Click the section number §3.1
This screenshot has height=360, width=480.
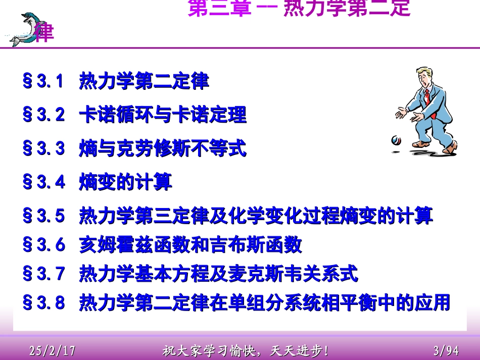(x=44, y=81)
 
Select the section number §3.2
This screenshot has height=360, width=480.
(x=44, y=115)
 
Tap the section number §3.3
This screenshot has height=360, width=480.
(x=44, y=149)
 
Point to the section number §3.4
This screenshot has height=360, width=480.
(x=44, y=182)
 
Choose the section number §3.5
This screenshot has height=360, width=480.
(x=44, y=217)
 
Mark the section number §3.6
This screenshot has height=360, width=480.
(x=44, y=245)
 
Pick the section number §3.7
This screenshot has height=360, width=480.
(x=44, y=274)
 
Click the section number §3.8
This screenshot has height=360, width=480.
(x=44, y=303)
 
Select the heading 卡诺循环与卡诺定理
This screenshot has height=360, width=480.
(x=163, y=115)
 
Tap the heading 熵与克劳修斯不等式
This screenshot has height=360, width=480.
(x=163, y=149)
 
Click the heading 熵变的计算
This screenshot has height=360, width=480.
(x=125, y=182)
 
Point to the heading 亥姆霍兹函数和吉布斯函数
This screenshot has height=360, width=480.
(x=190, y=245)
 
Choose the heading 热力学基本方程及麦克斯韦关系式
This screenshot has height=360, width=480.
(x=218, y=274)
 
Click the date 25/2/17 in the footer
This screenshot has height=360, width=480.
(x=53, y=349)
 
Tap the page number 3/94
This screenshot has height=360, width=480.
(x=446, y=349)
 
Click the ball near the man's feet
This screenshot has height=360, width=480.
(x=395, y=140)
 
